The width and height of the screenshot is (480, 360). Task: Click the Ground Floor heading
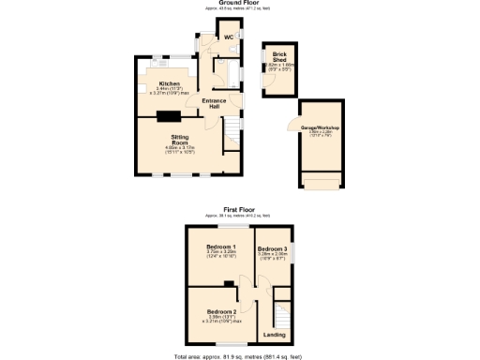241,4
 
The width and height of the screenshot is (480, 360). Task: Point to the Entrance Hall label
216,104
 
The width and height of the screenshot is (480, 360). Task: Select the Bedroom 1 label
220,247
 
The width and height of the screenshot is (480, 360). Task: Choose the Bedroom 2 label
220,310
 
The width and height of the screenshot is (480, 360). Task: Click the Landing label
275,335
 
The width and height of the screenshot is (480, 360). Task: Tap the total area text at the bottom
241,356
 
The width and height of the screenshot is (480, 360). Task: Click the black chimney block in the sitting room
170,116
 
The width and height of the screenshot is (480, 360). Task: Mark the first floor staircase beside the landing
278,311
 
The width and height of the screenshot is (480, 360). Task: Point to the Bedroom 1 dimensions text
220,255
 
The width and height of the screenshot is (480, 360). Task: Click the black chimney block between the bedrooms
229,283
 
